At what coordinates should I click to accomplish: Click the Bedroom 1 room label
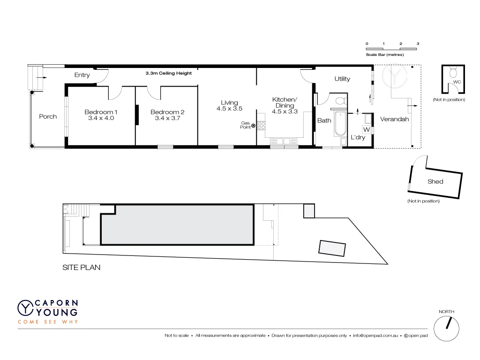coord(101,112)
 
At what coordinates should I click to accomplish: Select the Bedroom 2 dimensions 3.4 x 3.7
coord(167,119)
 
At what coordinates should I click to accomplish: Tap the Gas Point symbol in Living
coord(254,126)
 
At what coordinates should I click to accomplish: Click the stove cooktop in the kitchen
coord(262,126)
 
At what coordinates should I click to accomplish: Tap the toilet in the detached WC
coord(453,73)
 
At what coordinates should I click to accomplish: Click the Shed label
coord(435,181)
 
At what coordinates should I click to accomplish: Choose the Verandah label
coord(394,119)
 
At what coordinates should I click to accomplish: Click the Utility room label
coord(342,79)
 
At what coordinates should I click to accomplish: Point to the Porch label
coord(48,117)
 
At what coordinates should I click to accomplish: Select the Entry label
coord(82,75)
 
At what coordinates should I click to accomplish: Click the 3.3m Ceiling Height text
coord(169,73)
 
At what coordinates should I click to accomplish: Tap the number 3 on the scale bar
coord(418,44)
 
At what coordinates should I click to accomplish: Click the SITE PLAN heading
coord(82,268)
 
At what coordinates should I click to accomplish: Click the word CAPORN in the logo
coord(55,303)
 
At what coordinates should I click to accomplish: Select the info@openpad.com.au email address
coord(375,336)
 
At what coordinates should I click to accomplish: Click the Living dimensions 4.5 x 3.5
coord(229,109)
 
